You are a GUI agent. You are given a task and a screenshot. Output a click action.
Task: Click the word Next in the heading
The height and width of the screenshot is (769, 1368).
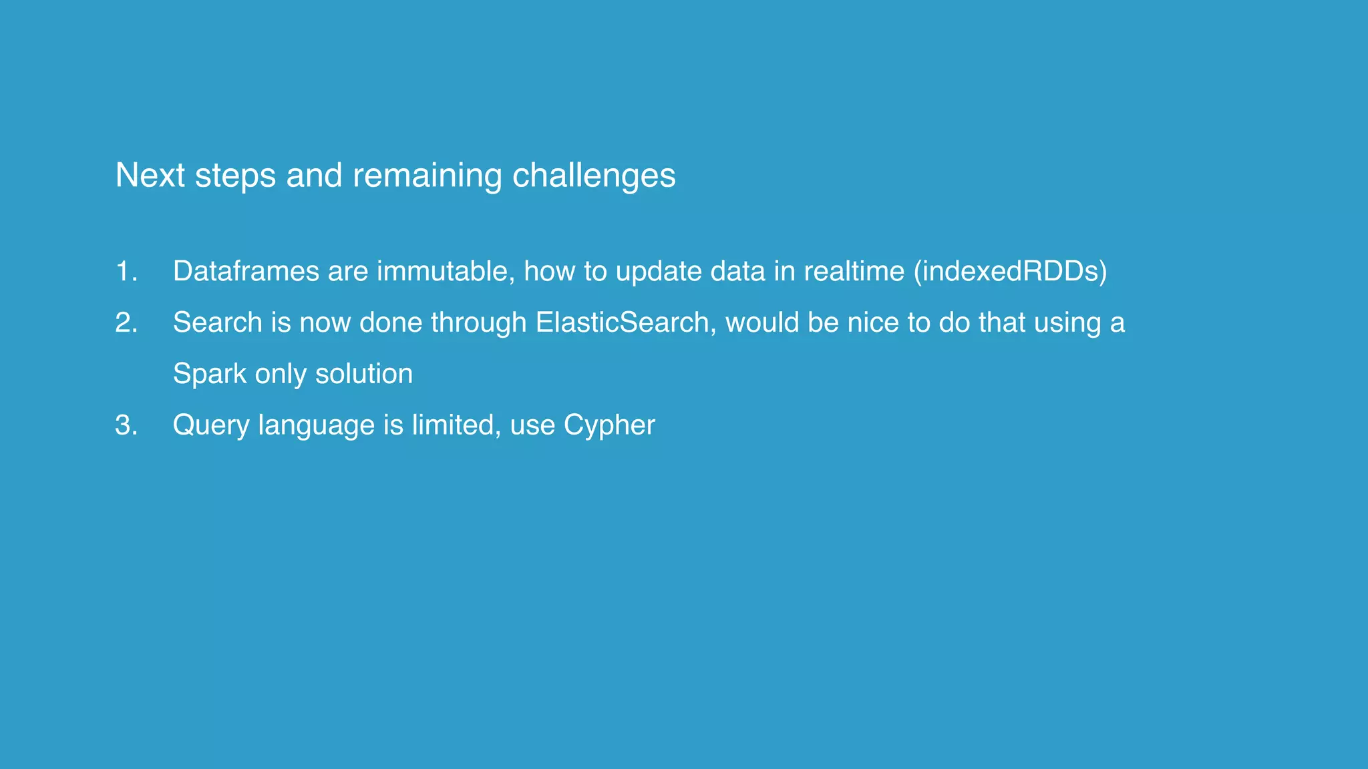tap(150, 176)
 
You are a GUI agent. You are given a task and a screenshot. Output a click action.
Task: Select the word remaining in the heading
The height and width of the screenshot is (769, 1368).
tap(427, 176)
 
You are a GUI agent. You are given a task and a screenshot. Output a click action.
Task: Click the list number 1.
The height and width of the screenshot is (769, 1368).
tap(126, 272)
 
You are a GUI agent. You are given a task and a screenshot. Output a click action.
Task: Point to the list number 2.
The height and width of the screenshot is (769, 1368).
tap(126, 323)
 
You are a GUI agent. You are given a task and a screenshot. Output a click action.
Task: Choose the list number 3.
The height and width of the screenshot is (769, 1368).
tap(126, 425)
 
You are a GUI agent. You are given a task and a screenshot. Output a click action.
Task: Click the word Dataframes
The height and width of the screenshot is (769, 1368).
tap(246, 272)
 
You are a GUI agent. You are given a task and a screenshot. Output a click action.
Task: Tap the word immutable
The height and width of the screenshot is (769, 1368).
tap(446, 272)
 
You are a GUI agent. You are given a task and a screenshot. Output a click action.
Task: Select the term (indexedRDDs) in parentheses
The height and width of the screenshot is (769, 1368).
tap(1010, 272)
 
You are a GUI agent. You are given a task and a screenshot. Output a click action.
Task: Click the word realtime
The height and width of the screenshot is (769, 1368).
tap(854, 272)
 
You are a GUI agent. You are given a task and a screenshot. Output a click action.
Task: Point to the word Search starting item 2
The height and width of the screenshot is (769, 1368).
tap(217, 323)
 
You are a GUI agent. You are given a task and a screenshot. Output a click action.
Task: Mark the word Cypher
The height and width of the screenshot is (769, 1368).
tap(609, 425)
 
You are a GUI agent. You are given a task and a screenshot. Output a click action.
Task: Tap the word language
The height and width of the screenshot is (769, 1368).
tap(316, 425)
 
